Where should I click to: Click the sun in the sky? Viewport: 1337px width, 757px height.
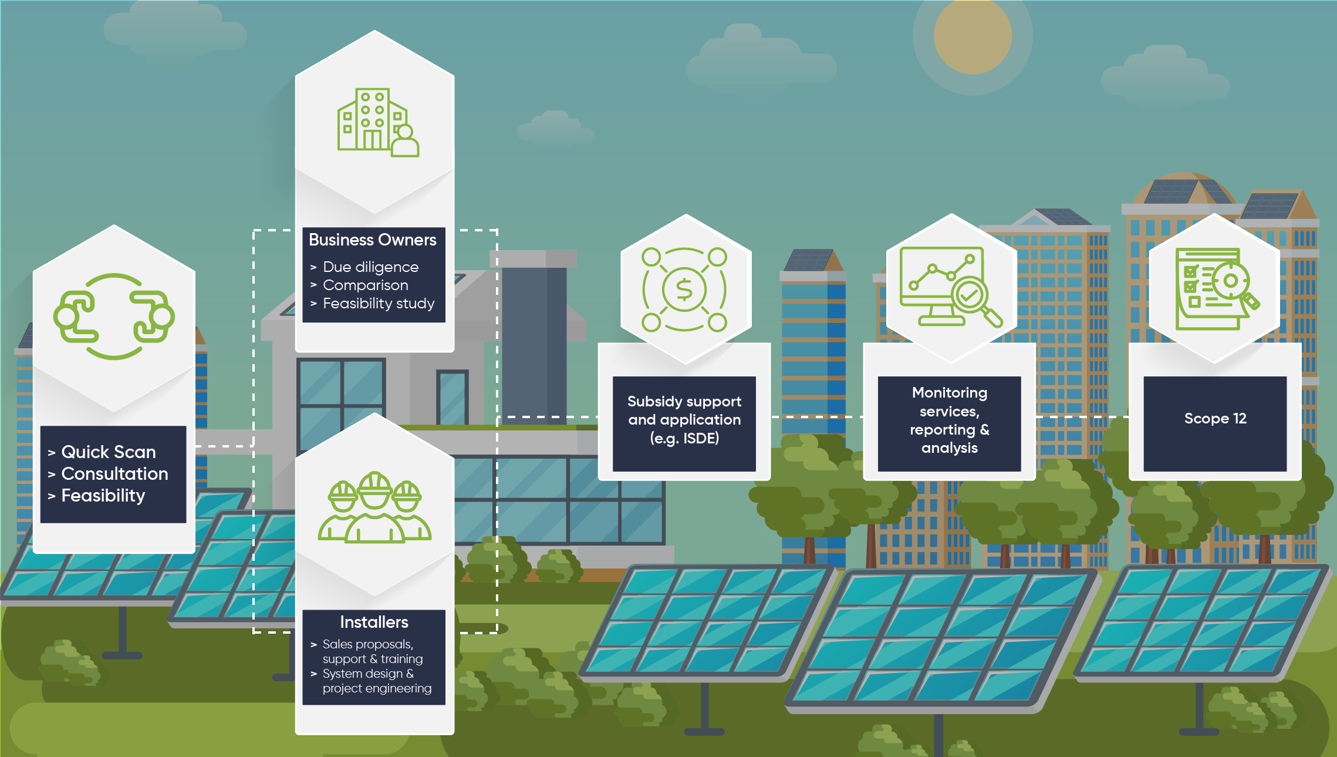click(973, 35)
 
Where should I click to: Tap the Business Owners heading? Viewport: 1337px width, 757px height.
click(373, 240)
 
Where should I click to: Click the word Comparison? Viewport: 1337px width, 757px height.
click(366, 285)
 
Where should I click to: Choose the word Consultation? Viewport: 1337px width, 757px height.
click(115, 473)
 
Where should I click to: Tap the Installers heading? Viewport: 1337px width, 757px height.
click(374, 622)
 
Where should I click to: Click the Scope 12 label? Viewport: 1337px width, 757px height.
click(1215, 419)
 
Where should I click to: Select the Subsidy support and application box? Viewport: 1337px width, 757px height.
click(684, 423)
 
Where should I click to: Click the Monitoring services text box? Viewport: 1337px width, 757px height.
click(950, 423)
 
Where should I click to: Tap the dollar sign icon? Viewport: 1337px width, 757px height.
click(684, 290)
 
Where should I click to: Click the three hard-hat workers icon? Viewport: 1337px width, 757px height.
click(374, 507)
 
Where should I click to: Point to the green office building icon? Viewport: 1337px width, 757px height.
click(378, 123)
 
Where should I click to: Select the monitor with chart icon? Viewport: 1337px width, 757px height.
click(951, 287)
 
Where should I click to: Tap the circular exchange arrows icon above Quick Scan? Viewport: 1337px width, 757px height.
click(114, 317)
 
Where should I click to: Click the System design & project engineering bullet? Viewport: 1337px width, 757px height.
click(377, 681)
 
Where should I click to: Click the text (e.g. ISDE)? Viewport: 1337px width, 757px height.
click(684, 439)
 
